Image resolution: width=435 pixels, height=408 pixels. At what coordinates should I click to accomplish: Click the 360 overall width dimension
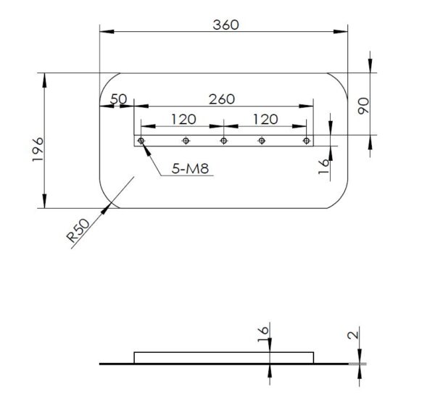tap(225, 25)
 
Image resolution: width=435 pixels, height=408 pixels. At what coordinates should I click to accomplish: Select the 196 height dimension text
tap(38, 149)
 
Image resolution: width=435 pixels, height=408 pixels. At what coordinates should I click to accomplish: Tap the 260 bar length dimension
tap(222, 99)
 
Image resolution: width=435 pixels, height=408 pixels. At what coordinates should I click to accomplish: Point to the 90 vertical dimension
tap(363, 106)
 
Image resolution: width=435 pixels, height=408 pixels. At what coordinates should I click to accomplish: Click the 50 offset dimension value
tap(119, 99)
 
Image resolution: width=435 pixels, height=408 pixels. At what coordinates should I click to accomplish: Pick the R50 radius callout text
tap(78, 230)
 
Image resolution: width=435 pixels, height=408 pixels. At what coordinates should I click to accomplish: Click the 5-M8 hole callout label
tap(190, 168)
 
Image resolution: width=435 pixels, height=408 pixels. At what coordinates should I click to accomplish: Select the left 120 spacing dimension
tap(183, 120)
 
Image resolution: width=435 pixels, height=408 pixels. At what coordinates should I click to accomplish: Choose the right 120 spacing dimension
tap(265, 120)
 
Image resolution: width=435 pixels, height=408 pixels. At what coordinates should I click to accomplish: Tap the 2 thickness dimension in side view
tap(353, 335)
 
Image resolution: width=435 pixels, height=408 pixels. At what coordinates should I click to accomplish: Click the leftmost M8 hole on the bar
tap(141, 141)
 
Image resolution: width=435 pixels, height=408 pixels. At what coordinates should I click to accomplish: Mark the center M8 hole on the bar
tap(223, 141)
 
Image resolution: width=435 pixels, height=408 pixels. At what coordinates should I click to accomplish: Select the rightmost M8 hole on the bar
tap(306, 141)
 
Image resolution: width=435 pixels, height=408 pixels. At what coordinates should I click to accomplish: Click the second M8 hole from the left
tap(186, 141)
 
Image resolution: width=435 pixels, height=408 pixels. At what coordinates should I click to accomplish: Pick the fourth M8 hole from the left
tap(261, 141)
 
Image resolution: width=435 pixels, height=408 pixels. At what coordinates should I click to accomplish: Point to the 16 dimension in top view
tap(324, 166)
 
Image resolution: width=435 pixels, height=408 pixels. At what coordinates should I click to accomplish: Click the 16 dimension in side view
tap(263, 334)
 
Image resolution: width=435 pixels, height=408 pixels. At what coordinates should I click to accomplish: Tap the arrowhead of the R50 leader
tap(106, 208)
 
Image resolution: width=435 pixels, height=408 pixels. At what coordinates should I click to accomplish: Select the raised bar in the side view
tap(224, 357)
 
